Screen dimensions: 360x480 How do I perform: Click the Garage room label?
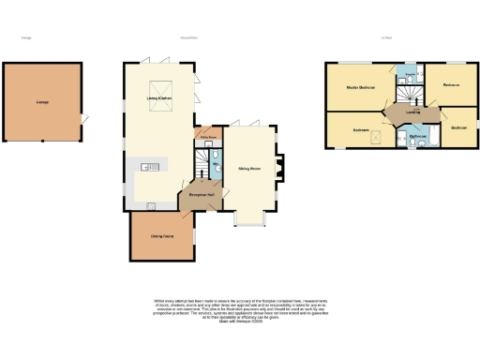point(42,102)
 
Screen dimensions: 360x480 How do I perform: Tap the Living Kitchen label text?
point(157,97)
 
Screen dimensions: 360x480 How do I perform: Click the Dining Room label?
point(161,235)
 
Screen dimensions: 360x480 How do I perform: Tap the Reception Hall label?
point(202,194)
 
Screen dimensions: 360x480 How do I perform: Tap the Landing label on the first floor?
point(412,112)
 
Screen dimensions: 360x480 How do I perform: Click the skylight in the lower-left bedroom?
point(377,137)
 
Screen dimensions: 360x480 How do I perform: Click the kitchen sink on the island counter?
point(146,167)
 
